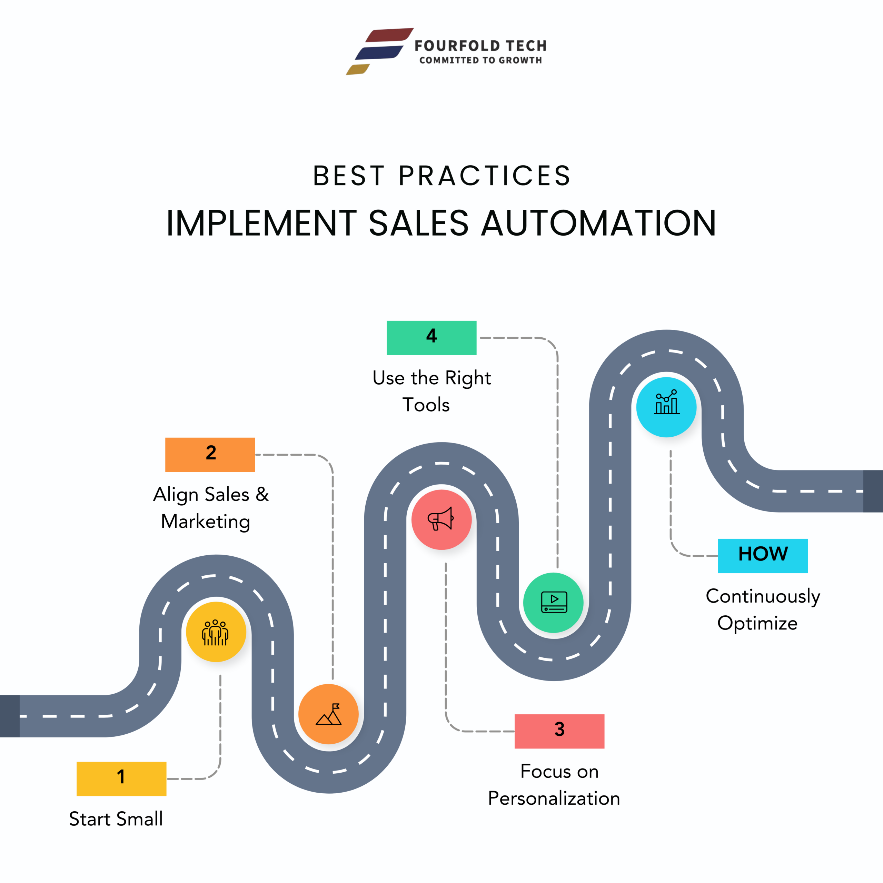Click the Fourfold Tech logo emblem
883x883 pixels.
[379, 51]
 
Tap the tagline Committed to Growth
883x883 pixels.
[480, 60]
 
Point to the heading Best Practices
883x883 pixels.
[441, 176]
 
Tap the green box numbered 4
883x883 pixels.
[431, 338]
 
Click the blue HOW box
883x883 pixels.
[762, 555]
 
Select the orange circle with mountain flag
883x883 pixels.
[328, 714]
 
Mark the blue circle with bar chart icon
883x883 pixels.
[666, 406]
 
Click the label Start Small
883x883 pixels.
[116, 818]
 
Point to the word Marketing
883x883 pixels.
[206, 522]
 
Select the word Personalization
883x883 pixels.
[554, 798]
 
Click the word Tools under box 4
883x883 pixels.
[426, 405]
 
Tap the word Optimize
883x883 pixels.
[757, 623]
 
